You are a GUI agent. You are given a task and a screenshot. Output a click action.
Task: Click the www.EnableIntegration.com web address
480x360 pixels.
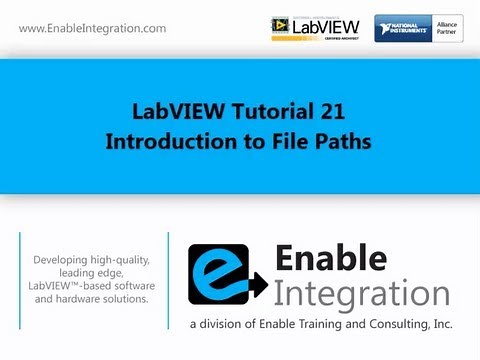tap(93, 28)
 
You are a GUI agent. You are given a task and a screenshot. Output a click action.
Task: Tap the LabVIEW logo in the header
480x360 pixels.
tap(316, 27)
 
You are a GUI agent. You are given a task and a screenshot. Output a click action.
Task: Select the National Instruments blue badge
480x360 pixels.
tap(404, 28)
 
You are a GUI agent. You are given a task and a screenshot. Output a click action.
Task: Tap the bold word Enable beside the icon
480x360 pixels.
tap(330, 260)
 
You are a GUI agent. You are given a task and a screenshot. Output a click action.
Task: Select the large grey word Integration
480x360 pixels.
tap(361, 295)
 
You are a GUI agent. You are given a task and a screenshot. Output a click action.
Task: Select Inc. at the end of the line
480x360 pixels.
tap(440, 325)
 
